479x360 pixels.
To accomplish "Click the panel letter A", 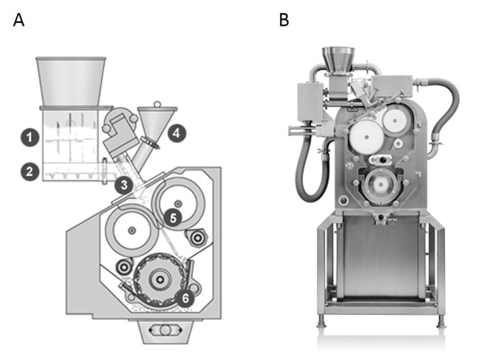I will click(x=19, y=21).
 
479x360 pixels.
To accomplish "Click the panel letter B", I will click(x=284, y=21).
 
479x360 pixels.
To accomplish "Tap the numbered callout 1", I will click(x=29, y=137).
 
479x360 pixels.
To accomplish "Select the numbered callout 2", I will click(x=29, y=172).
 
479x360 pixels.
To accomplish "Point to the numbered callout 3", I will click(x=126, y=184).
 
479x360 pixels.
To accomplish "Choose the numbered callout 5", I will click(x=172, y=217).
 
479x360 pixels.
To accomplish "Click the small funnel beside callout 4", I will click(x=158, y=119).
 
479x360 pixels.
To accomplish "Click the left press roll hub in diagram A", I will click(x=131, y=231).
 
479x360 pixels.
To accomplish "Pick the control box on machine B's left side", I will click(x=304, y=103).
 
